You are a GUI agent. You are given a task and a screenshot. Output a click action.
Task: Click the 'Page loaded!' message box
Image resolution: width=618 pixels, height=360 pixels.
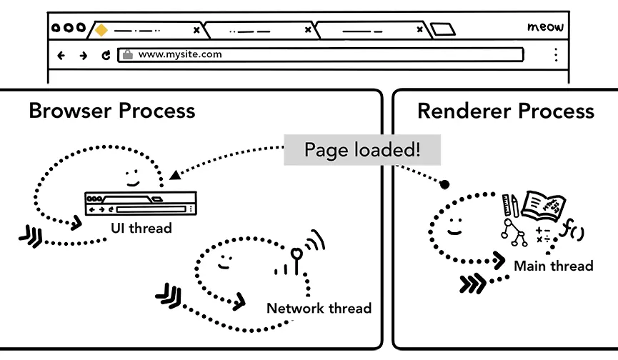pos(362,150)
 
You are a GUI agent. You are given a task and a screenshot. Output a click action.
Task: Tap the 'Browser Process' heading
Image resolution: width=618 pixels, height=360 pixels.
pos(111,111)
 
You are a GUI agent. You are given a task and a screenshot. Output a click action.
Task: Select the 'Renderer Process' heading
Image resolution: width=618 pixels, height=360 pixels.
pos(505,111)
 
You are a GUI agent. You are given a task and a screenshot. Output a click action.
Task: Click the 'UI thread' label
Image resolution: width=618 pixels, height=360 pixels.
pos(141,229)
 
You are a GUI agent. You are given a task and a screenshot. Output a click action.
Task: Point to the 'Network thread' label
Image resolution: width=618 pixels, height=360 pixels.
pos(319,309)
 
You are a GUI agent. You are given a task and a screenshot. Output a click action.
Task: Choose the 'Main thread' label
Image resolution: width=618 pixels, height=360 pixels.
pos(554,266)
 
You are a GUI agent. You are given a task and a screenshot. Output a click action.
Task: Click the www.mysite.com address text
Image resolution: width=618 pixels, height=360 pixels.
pos(179,54)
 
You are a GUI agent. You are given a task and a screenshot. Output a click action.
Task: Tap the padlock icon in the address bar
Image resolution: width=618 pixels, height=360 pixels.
pos(127,54)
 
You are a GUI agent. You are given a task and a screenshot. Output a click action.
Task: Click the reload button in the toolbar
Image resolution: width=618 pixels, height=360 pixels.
pos(106,55)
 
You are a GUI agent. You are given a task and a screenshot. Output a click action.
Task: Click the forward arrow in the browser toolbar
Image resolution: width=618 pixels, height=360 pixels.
pos(84,55)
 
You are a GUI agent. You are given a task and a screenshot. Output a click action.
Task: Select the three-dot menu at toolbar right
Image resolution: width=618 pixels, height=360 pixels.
pos(555,55)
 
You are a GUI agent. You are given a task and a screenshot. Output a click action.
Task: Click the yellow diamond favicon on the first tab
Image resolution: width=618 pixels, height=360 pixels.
pos(101,30)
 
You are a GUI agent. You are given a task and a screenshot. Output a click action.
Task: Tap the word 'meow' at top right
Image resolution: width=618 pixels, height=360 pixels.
pos(545,27)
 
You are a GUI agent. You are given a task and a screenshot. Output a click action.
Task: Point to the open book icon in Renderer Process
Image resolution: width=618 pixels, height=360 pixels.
pos(544,206)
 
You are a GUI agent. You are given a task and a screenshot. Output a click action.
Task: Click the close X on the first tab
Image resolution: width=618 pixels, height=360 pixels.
pos(196,30)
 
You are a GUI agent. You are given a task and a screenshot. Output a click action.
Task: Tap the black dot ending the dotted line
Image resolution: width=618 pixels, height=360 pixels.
pos(444,185)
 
